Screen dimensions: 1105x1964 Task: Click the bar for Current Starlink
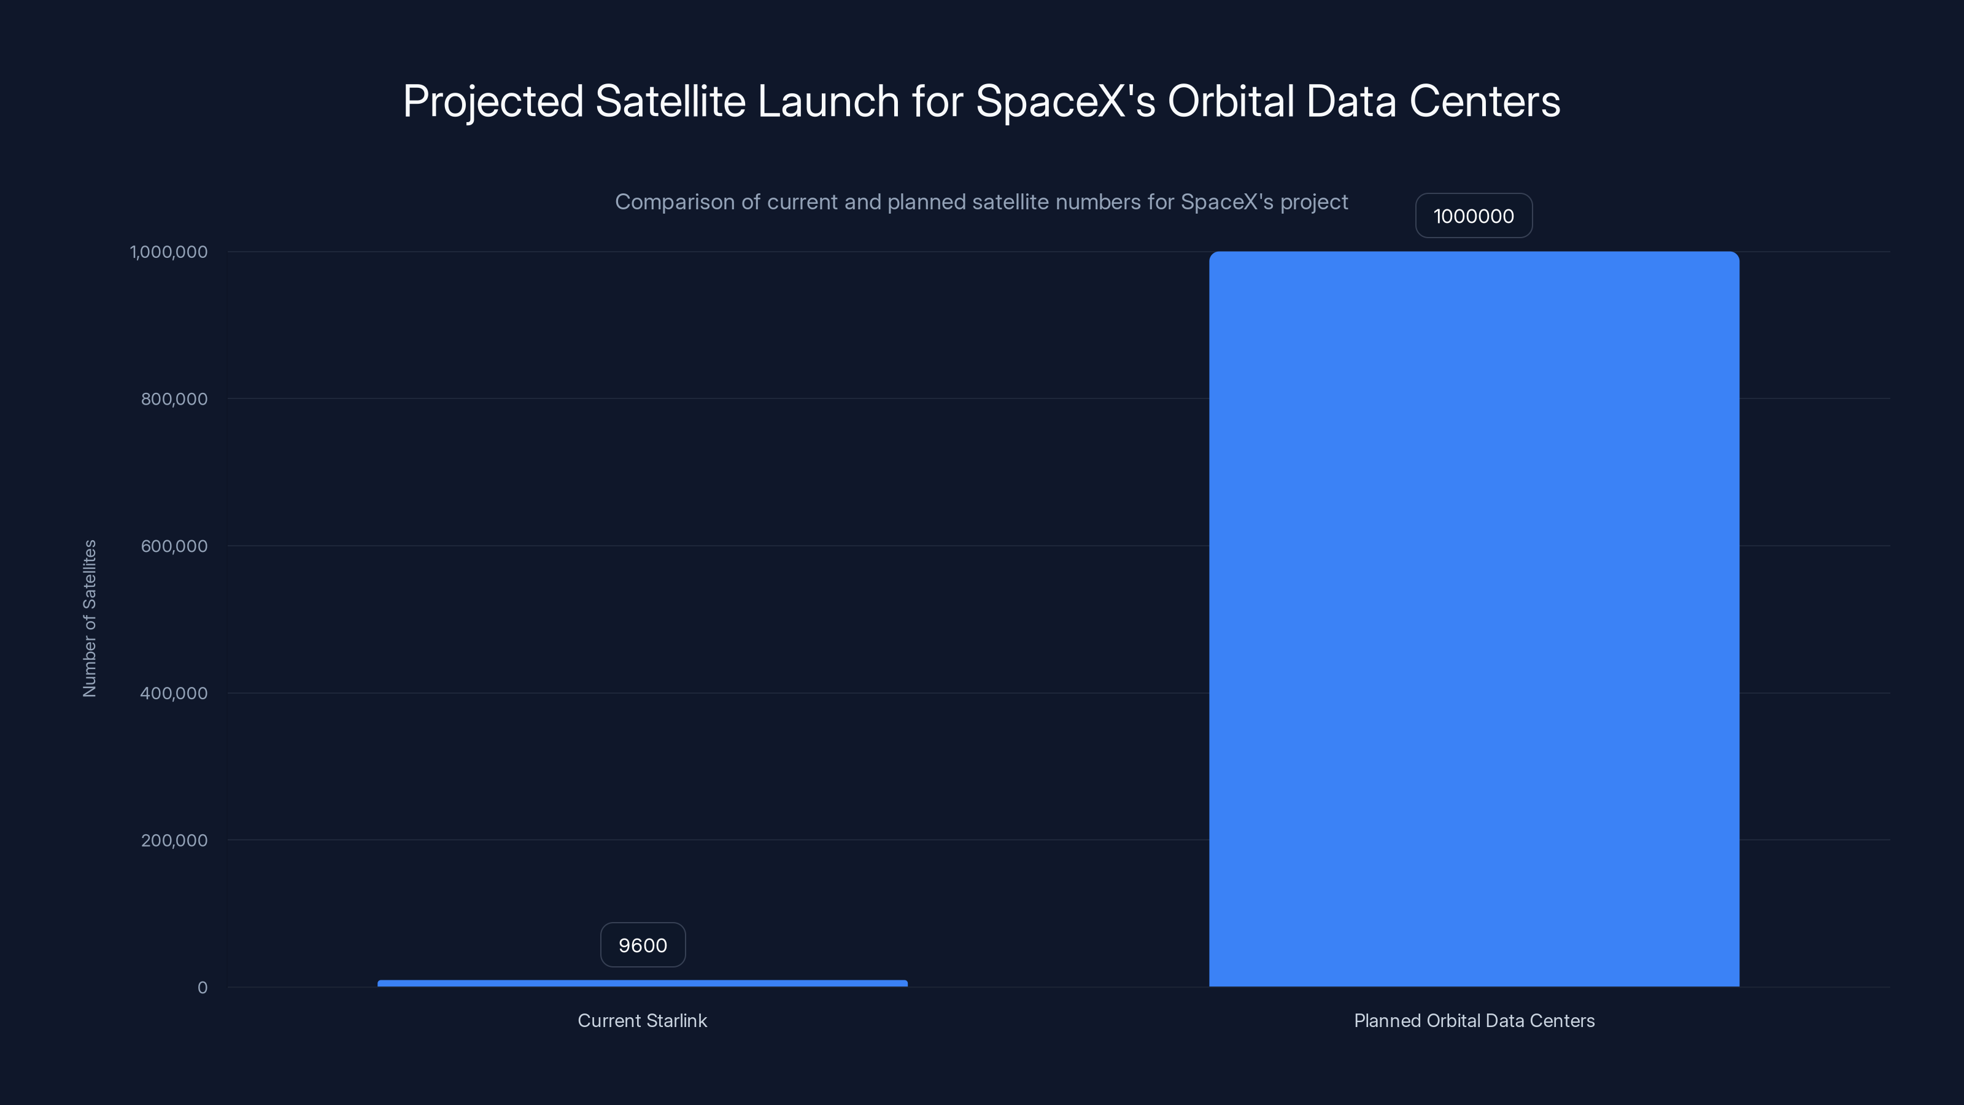(642, 983)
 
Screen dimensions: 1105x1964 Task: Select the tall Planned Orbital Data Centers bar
(1474, 618)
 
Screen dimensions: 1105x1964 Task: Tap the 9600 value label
(643, 945)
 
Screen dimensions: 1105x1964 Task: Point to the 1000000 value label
(1473, 216)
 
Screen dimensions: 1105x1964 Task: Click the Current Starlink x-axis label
(642, 1020)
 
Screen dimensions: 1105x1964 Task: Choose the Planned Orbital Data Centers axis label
(1474, 1020)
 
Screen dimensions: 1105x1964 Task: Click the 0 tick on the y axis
(202, 988)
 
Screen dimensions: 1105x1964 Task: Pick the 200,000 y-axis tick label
(174, 840)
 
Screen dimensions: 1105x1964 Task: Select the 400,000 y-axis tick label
(174, 693)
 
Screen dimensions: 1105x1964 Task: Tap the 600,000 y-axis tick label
(174, 546)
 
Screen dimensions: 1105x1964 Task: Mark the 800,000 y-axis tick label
(174, 399)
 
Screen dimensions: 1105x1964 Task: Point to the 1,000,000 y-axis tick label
(169, 252)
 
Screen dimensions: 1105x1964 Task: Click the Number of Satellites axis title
(90, 618)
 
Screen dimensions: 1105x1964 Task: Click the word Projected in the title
(492, 101)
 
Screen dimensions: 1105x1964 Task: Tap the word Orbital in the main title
(1231, 101)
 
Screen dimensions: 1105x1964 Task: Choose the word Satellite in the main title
(670, 101)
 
